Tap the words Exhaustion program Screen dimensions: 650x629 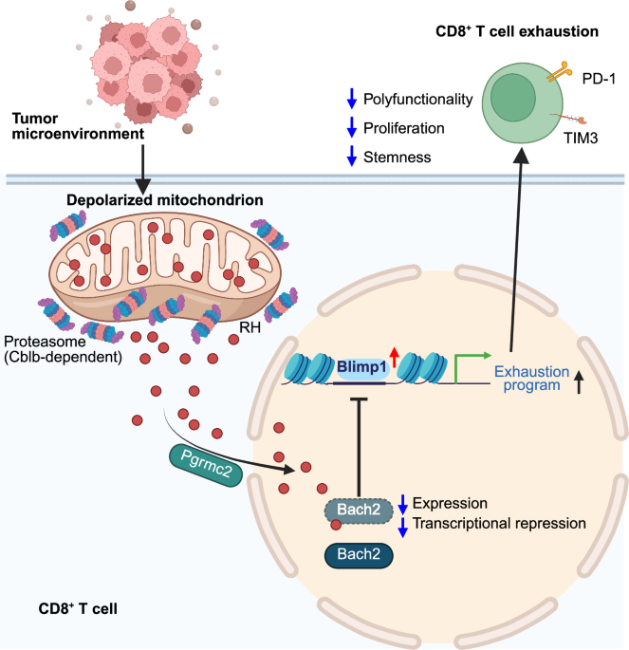pos(532,379)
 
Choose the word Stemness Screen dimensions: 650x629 pos(397,156)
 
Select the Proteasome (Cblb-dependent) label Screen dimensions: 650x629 pos(67,347)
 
